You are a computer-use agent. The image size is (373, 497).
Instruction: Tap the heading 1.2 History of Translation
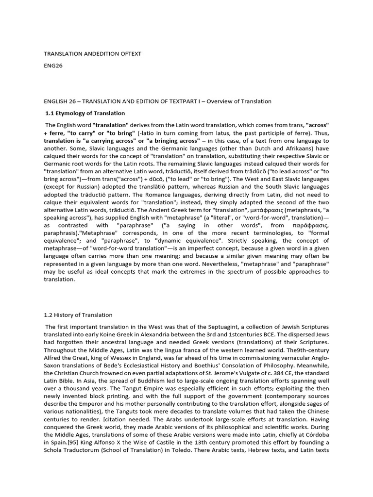pos(78,315)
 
